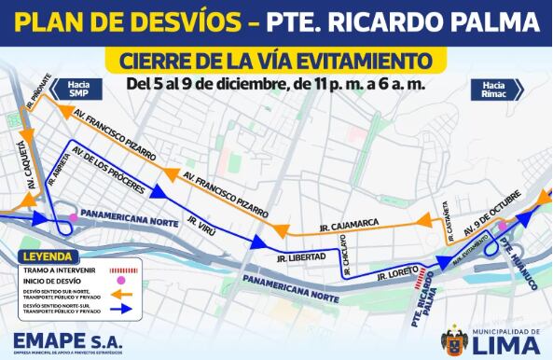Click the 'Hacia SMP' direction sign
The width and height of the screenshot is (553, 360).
pyautogui.click(x=88, y=89)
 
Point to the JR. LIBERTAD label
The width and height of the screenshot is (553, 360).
pyautogui.click(x=300, y=256)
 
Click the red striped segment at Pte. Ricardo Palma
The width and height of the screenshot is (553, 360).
pyautogui.click(x=425, y=277)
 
